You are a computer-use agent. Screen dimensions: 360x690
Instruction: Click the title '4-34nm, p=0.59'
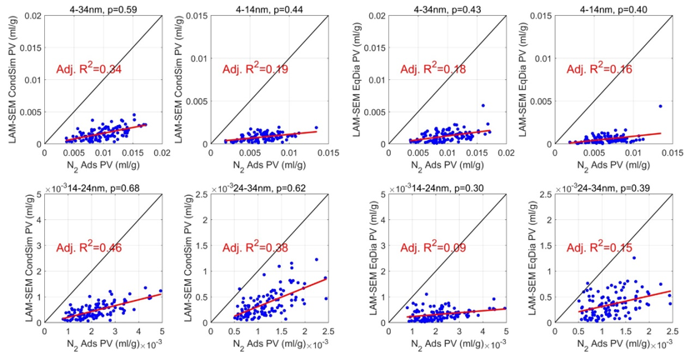[102, 7]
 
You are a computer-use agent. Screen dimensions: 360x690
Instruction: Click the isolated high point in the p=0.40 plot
[660, 106]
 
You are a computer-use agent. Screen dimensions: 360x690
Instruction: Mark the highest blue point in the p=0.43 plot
[482, 106]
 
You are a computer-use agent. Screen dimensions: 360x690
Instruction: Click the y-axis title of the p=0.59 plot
[12, 79]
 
